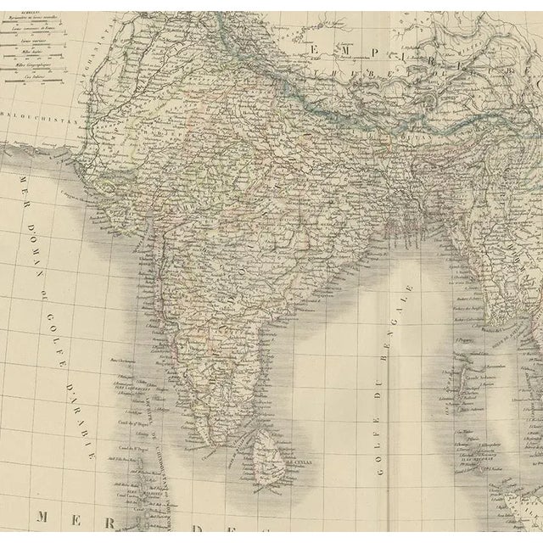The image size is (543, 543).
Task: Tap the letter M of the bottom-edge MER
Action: tap(44, 516)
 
